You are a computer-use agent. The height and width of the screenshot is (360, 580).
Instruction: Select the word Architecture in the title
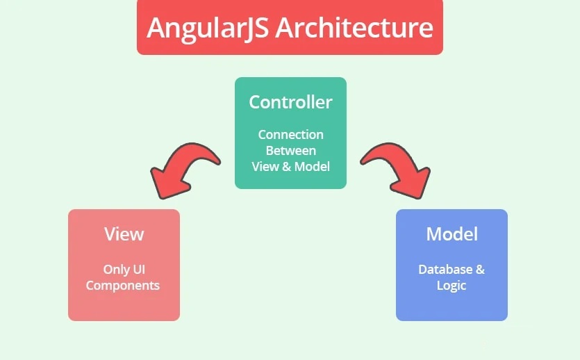354,27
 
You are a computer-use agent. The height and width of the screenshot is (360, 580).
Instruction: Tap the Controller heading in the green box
291,102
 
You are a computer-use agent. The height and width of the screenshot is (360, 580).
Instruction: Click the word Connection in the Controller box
291,135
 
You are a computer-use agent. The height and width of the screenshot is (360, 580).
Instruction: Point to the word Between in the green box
291,151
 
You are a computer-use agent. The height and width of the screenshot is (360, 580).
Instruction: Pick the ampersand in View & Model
287,167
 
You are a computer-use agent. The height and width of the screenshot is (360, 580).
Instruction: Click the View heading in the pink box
124,234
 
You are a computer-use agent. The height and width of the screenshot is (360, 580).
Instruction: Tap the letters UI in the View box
139,269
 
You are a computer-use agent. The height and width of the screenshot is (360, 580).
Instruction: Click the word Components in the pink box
123,286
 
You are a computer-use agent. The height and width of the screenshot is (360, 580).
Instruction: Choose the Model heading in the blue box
452,234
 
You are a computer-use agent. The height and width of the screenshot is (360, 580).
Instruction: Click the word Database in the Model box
445,270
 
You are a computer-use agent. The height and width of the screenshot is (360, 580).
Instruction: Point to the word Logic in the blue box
451,286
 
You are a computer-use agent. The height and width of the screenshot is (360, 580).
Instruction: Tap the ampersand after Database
480,270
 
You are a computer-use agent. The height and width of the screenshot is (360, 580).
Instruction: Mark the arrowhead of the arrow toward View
167,183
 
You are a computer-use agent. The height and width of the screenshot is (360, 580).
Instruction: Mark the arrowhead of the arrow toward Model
413,184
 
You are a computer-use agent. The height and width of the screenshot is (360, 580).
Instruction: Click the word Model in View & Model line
312,167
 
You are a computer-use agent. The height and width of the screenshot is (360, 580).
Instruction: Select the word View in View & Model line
265,167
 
